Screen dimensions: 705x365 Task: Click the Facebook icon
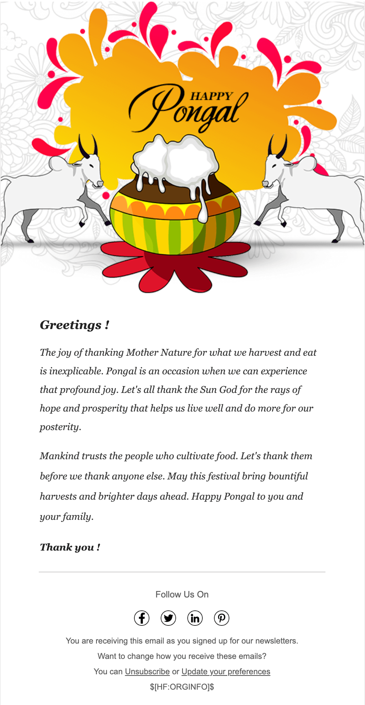click(x=142, y=618)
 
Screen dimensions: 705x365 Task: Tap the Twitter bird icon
click(x=168, y=618)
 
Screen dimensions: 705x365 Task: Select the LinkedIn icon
click(x=195, y=618)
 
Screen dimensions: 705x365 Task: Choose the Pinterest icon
click(x=222, y=618)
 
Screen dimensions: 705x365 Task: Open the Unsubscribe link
click(x=147, y=671)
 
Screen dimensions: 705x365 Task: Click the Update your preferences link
click(x=226, y=671)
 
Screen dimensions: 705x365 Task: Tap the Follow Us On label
click(x=182, y=594)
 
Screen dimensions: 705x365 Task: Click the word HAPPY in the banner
click(x=212, y=96)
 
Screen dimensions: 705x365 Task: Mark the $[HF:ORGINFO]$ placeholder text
click(x=182, y=687)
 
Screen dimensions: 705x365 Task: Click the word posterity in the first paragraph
click(x=59, y=427)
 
